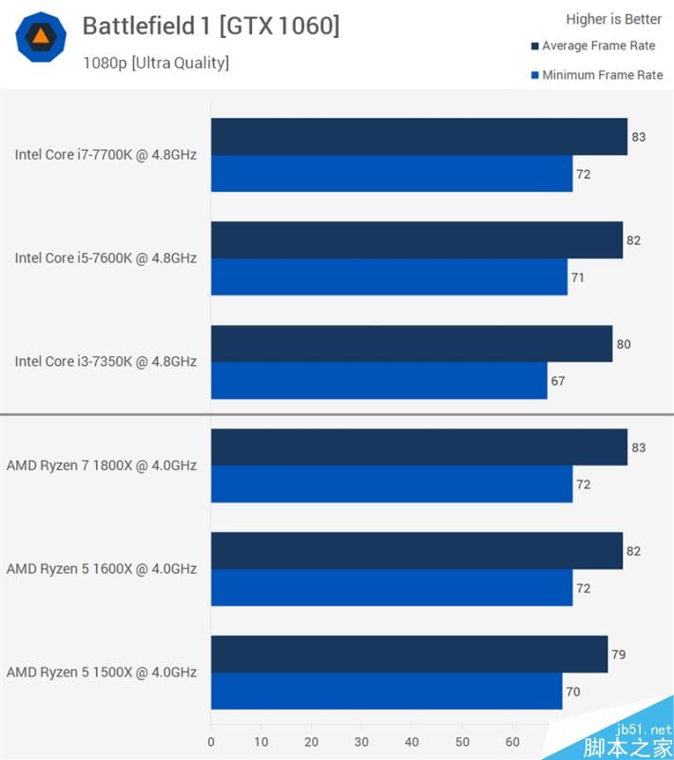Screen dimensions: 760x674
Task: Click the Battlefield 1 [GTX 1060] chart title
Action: [210, 26]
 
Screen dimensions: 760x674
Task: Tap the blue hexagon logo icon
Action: [41, 37]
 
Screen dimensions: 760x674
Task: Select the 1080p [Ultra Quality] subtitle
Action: [156, 63]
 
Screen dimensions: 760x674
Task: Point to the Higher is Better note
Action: [613, 19]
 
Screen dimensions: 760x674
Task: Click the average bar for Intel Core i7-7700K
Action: [418, 137]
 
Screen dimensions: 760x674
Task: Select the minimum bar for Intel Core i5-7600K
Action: [389, 277]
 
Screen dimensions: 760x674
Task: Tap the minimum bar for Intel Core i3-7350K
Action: [378, 381]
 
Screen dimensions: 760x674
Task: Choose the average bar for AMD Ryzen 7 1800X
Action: [418, 447]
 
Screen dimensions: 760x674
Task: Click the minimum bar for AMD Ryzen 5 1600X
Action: [391, 588]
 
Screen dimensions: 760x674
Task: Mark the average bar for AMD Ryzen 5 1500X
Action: [409, 655]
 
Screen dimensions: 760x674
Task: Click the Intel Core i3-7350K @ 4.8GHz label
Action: [106, 362]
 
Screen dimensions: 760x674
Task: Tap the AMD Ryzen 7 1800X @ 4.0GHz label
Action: [102, 465]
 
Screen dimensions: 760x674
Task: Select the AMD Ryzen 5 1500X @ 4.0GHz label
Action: [102, 673]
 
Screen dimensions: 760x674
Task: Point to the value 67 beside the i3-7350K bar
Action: [558, 381]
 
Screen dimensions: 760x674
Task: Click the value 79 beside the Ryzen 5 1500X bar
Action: [619, 655]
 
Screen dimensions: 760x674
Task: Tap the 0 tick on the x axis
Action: [211, 741]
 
